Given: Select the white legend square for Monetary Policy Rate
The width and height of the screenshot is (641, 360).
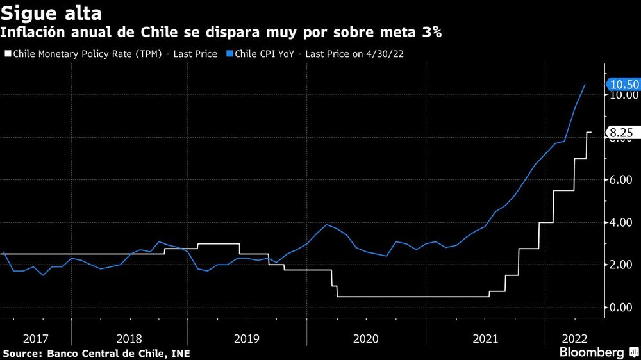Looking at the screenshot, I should click(8, 54).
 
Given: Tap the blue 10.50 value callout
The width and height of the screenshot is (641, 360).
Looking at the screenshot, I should click(622, 85).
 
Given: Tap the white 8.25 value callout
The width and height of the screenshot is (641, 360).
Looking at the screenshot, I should click(620, 133).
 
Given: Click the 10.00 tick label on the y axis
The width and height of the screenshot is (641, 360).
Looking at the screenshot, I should click(623, 95).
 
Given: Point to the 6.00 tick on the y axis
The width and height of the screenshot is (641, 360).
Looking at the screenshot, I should click(623, 180).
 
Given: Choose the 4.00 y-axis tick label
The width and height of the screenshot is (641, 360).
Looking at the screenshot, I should click(623, 222).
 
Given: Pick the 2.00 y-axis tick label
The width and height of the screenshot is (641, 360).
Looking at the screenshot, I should click(623, 265).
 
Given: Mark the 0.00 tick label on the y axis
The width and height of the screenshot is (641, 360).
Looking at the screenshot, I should click(623, 307).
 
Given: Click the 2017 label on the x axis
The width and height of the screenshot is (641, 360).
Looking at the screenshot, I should click(35, 338).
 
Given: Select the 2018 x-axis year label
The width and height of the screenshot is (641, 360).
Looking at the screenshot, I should click(129, 338).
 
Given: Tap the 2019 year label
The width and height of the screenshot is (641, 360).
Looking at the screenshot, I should click(247, 338).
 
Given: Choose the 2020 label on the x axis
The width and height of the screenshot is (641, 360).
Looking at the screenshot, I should click(366, 338).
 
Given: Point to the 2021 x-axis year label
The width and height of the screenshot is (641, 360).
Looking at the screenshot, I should click(485, 338).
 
